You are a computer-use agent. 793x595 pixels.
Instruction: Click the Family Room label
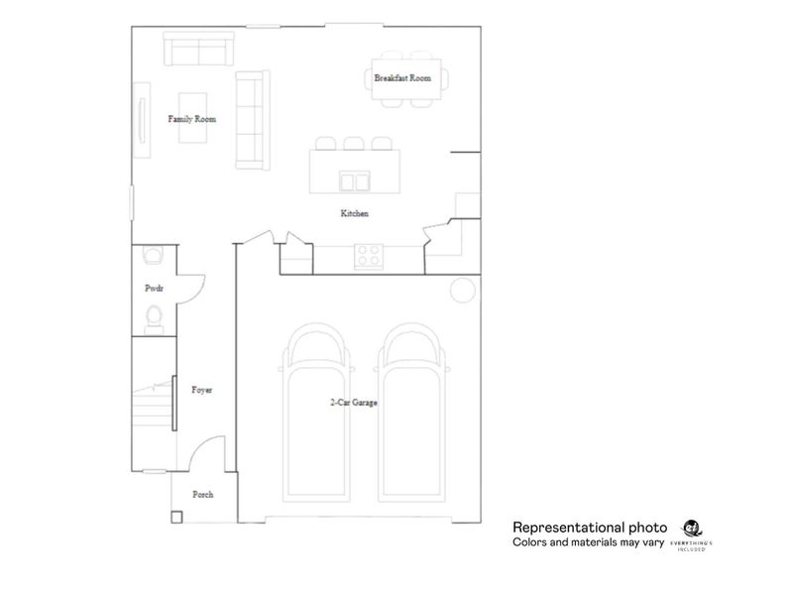click(x=191, y=119)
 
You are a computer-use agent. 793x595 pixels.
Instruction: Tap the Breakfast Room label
click(x=402, y=77)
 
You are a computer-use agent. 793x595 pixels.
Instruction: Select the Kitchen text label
click(x=354, y=213)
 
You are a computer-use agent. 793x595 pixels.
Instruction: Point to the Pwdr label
click(x=153, y=289)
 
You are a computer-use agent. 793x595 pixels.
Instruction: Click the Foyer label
click(x=201, y=390)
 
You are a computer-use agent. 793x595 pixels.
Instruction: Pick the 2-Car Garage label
click(x=353, y=404)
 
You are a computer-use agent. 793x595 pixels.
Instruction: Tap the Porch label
click(x=202, y=494)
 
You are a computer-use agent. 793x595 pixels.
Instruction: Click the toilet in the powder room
click(x=154, y=317)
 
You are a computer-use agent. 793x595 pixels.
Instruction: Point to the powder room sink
click(x=153, y=256)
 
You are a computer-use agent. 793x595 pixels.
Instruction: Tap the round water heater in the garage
click(x=461, y=290)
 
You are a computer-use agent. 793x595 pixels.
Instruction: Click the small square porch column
click(x=176, y=516)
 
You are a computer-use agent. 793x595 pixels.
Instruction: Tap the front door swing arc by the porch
click(x=203, y=454)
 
